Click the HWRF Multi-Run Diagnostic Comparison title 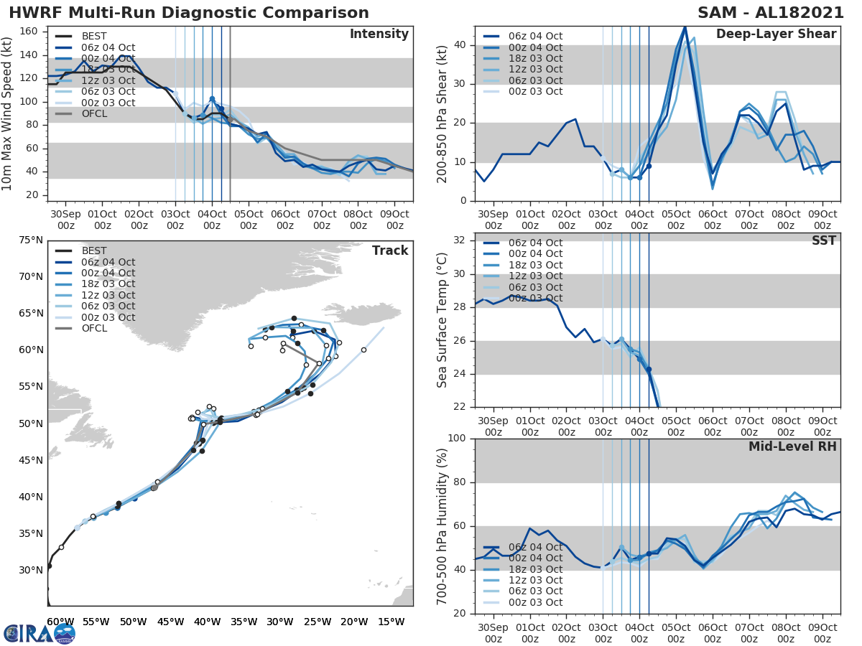[189, 13]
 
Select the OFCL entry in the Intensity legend [94, 113]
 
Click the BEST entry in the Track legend [94, 251]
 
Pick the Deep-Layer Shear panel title [776, 34]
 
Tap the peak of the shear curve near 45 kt [685, 27]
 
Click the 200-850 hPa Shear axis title [443, 113]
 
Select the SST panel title [823, 240]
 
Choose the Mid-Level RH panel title [792, 446]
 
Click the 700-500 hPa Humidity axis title [443, 525]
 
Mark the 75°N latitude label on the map [30, 240]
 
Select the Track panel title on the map [390, 251]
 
